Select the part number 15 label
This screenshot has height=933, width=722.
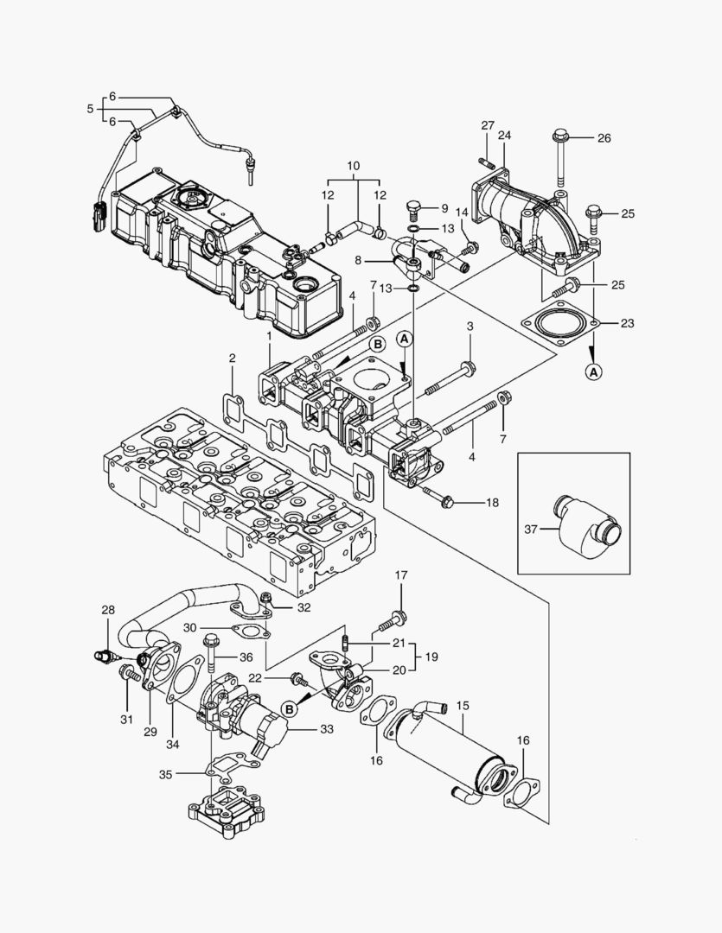pos(463,706)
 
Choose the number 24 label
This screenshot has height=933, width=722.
pos(504,135)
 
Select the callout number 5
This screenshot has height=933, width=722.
pos(90,109)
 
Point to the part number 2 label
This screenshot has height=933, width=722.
pos(232,358)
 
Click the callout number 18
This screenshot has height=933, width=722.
pos(492,502)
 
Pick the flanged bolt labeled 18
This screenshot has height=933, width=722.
pos(441,500)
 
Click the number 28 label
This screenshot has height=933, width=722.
pos(108,610)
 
